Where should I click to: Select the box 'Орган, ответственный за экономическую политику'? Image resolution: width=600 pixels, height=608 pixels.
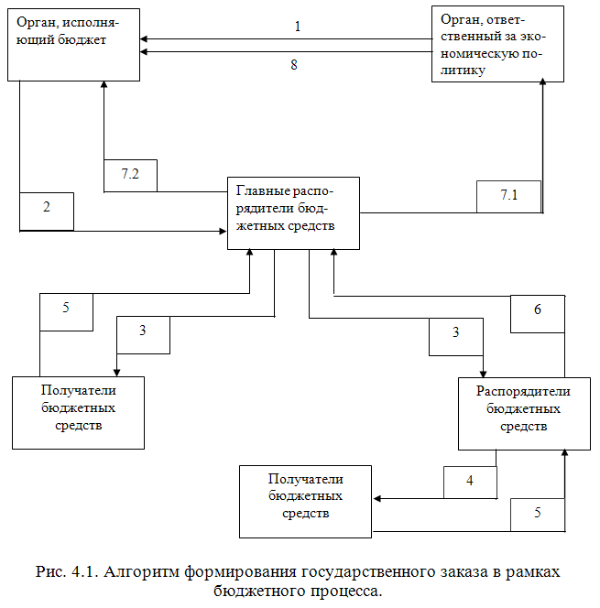498,44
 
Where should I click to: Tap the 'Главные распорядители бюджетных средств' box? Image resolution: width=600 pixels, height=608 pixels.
293,213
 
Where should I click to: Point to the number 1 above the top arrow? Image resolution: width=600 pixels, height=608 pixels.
298,27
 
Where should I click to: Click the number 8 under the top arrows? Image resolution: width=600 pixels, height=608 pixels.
293,66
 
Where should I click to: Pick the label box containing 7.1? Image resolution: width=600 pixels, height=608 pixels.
508,196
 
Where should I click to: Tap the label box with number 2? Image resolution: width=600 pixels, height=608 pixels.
46,211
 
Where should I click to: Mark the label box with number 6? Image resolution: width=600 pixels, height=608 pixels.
537,311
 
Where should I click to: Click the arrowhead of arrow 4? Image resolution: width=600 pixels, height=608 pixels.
376,499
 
